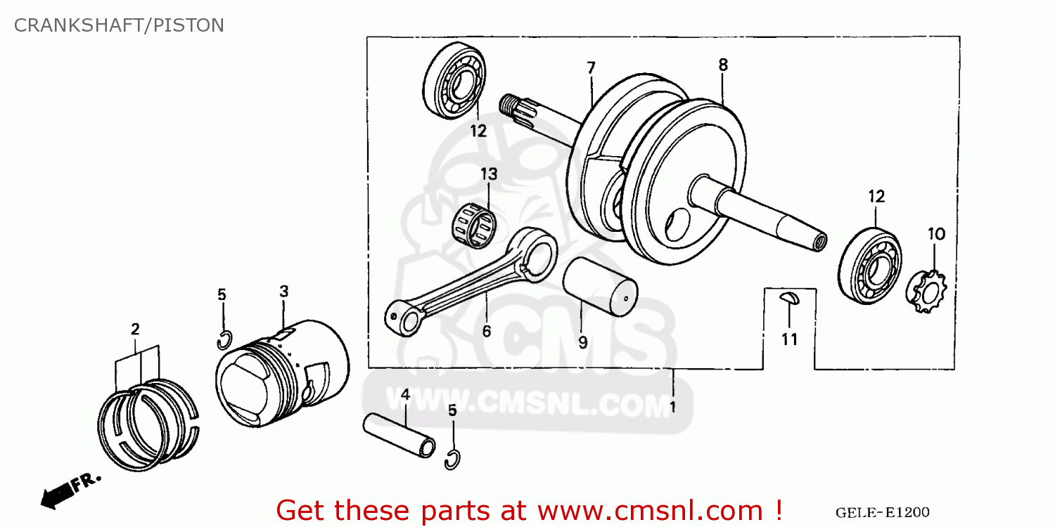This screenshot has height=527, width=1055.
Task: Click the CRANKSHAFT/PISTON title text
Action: tap(119, 25)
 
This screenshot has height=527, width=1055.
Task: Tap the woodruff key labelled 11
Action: tap(789, 299)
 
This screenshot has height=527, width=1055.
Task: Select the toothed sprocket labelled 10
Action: tap(926, 292)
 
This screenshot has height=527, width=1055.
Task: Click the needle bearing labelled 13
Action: tap(474, 226)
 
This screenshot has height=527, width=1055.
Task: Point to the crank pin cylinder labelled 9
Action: tap(600, 287)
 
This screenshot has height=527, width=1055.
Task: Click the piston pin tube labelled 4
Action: tap(399, 435)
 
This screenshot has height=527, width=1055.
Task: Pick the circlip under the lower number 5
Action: tap(452, 460)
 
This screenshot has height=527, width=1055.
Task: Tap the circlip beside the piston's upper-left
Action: tap(224, 341)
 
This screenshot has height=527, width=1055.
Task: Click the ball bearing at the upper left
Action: tap(454, 81)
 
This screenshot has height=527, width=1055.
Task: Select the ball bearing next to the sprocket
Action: tap(870, 266)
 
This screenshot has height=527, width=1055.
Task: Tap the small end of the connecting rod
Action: tap(404, 318)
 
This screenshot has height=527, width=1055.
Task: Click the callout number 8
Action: tap(723, 65)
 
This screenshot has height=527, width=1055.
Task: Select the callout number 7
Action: tap(591, 67)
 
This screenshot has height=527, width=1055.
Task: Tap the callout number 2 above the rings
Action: tap(135, 330)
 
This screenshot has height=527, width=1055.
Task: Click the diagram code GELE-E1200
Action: tap(882, 513)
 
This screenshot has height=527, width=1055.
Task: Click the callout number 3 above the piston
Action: tap(283, 292)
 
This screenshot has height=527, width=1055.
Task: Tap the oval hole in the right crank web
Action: tap(677, 225)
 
